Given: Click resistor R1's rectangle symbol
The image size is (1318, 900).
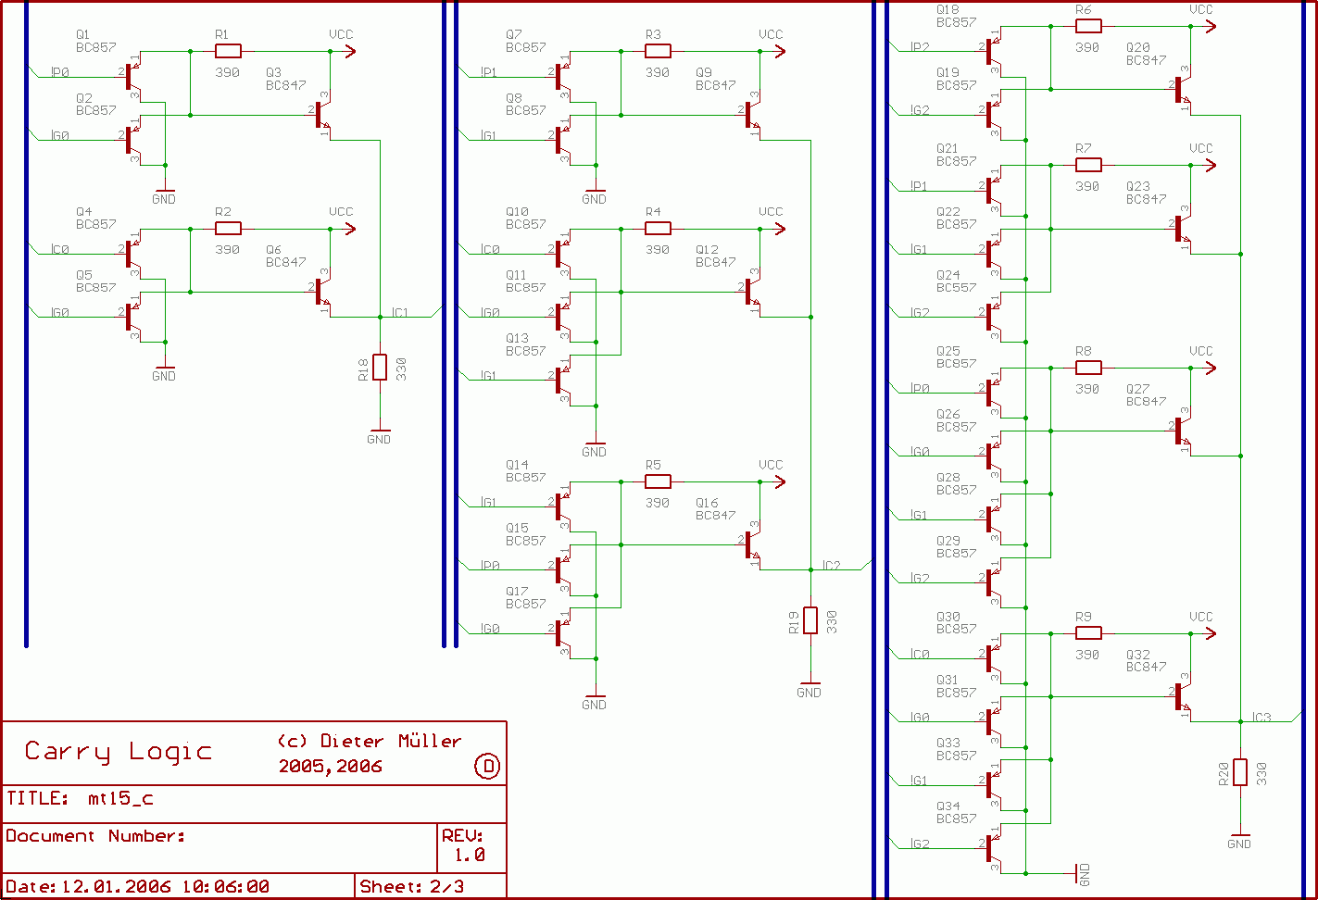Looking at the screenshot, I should point(228,51).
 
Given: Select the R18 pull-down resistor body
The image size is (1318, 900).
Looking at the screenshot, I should point(380,368).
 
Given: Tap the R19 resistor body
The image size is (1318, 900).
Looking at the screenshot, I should point(810,620).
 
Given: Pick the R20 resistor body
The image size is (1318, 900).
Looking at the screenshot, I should point(1240,772).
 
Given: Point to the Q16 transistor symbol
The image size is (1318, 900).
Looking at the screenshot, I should point(751,545).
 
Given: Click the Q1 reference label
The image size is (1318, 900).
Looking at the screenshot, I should point(83,34).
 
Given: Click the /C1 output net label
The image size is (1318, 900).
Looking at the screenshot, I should point(399,313).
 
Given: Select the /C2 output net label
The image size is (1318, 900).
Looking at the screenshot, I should point(831,566).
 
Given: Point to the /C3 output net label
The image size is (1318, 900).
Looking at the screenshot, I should point(1262,718).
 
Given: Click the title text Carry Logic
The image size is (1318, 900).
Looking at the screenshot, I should point(119,752).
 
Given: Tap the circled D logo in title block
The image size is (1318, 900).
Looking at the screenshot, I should point(488,766).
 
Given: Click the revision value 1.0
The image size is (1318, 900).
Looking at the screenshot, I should point(469,856).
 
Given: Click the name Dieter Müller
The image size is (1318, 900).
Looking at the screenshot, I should point(390,741).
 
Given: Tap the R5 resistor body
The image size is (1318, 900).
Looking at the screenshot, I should point(658,481).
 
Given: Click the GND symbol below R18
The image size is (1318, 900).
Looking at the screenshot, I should point(379,435).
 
